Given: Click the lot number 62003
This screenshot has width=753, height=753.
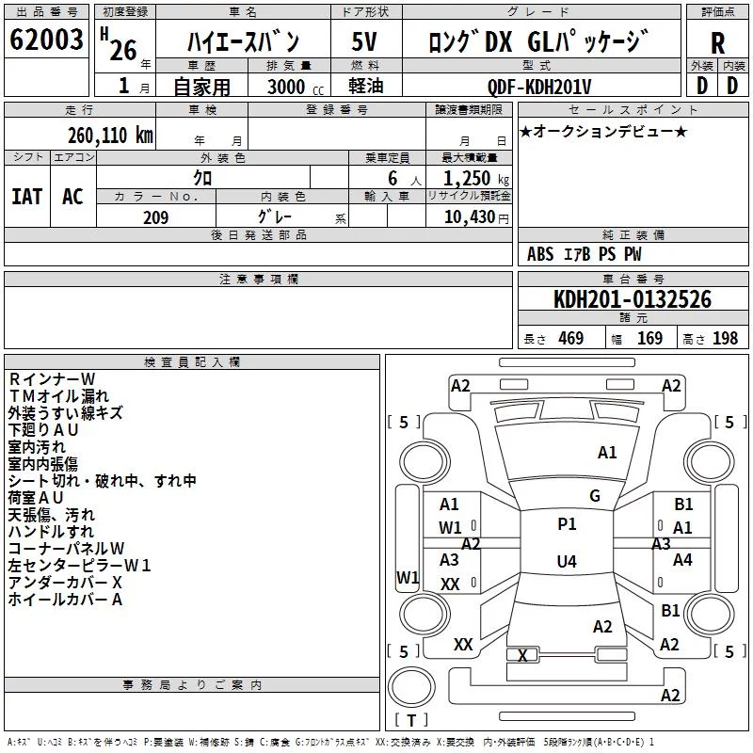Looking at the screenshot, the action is tap(46, 40).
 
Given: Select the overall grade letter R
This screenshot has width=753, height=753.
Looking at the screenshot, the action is tap(717, 43).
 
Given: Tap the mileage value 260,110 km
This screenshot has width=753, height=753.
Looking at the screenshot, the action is tap(110, 136).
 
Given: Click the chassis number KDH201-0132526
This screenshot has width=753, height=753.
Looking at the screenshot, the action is tap(633, 299).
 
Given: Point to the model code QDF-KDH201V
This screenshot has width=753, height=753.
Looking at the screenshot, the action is tap(538, 87).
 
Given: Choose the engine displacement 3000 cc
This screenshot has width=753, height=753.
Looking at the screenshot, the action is tap(296, 87).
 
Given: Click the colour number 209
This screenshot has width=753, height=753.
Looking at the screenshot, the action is tap(155, 217).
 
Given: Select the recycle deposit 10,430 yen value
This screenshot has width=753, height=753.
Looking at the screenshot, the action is tap(476, 217).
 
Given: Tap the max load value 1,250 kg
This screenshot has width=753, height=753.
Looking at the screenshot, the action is tap(476, 178).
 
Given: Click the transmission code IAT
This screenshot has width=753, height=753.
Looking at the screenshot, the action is tap(27, 197).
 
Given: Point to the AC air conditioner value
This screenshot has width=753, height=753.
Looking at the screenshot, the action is tap(72, 197).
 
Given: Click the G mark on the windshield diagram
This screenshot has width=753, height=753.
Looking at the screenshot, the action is tap(595, 495).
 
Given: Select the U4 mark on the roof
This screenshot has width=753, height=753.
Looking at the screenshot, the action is tap(567, 561).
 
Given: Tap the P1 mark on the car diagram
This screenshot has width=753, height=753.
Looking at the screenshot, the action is tap(567, 523).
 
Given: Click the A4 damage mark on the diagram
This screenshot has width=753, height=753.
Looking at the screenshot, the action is tap(682, 559).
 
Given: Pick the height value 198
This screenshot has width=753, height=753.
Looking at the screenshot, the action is tap(725, 338).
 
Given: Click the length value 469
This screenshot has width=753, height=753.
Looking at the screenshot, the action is tap(571, 338).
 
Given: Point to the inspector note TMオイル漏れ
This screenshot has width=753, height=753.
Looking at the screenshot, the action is tap(58, 395).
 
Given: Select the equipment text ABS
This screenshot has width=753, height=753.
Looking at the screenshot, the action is tap(540, 254).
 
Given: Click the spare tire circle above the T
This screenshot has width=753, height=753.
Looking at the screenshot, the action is tap(411, 686).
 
